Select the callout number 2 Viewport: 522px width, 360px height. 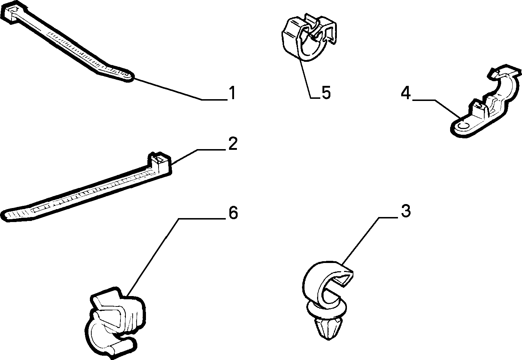point(233,143)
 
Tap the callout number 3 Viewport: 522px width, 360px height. point(406,211)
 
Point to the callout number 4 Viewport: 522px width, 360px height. point(406,93)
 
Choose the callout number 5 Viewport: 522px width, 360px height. point(326,92)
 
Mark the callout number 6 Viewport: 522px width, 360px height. point(233,213)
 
